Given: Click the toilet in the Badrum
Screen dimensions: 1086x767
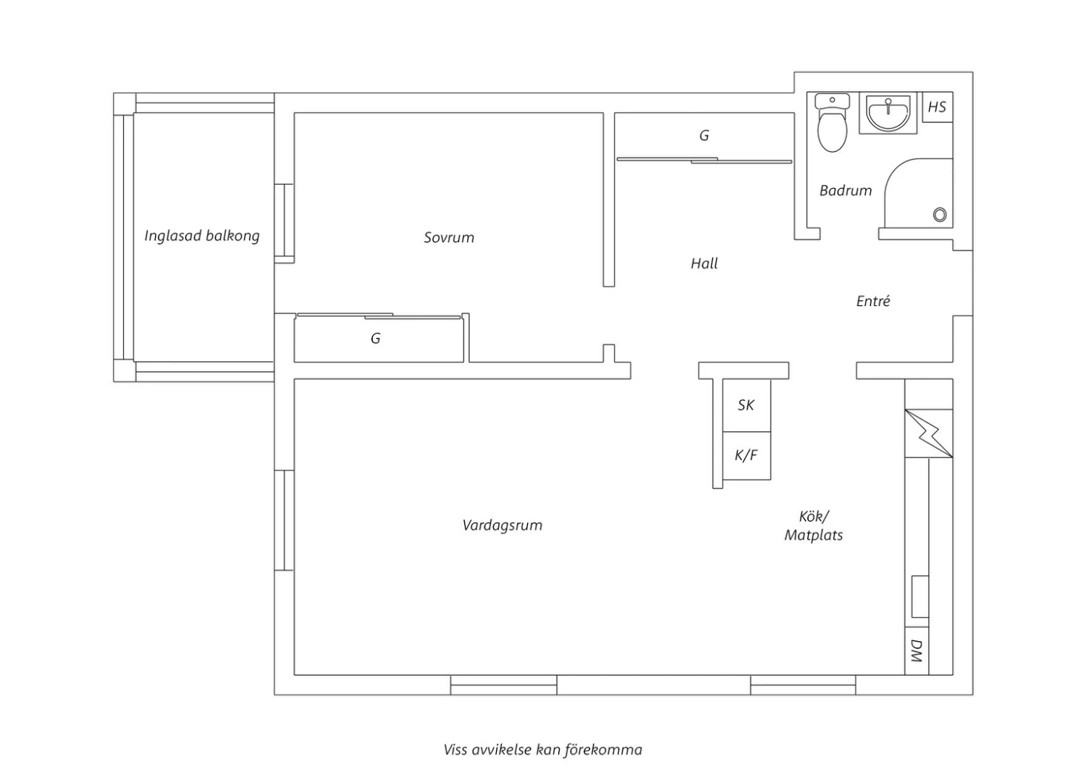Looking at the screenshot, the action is (832, 122).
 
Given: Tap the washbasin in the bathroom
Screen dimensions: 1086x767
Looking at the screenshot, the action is (888, 113).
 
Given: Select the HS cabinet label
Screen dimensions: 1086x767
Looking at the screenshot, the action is (937, 106).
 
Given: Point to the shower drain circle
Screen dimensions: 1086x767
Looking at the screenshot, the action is (940, 215).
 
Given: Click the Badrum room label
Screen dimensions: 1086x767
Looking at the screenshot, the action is (846, 190).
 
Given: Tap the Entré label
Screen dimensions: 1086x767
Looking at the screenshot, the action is (873, 301).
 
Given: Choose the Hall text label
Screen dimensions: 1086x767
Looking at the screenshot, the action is (704, 263).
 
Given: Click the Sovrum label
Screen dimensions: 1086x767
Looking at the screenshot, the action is (449, 237).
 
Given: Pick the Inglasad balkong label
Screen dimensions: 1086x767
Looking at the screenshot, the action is (202, 236).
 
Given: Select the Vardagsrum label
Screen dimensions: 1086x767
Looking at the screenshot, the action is (502, 525).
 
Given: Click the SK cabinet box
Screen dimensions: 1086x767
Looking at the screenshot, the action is (746, 405).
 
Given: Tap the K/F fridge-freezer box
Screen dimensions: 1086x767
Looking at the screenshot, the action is (746, 455).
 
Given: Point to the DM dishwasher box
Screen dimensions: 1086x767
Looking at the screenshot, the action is (917, 651).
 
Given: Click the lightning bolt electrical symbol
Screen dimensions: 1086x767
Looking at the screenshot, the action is (929, 433).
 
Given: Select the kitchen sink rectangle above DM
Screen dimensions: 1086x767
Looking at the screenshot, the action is (919, 596).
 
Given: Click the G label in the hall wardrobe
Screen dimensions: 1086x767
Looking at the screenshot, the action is (704, 135).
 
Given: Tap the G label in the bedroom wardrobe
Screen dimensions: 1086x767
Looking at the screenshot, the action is (376, 338).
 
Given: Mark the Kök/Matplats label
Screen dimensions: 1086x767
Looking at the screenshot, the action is (814, 526).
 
